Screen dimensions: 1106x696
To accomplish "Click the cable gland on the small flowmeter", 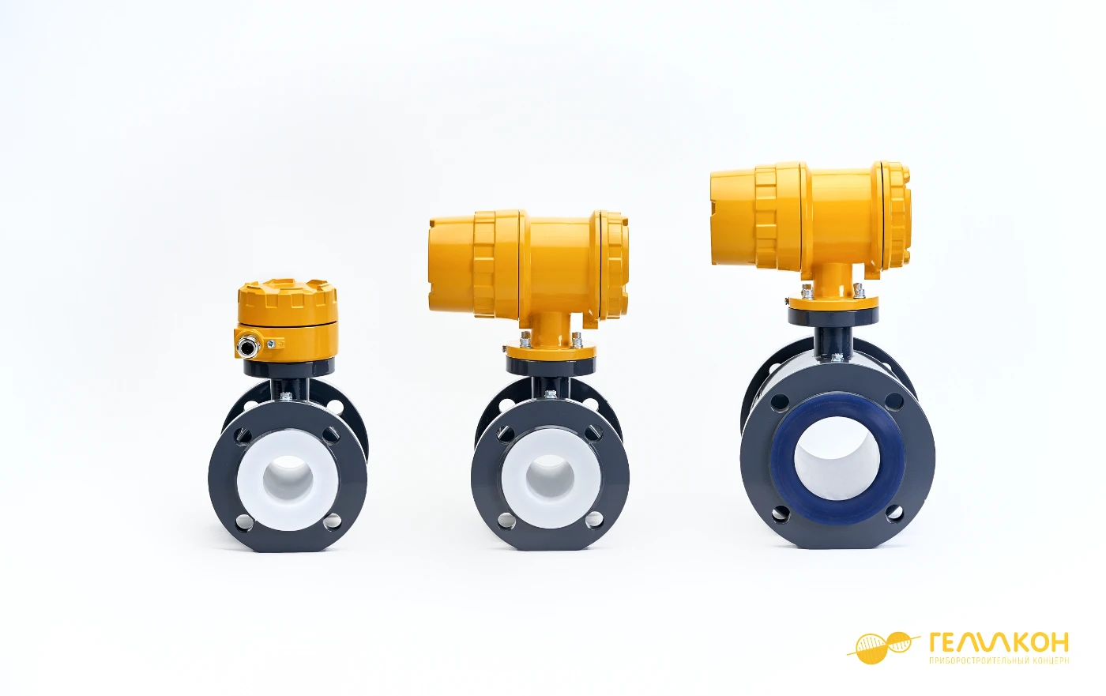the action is (245, 347).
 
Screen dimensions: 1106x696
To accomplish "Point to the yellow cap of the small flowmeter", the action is (287, 303).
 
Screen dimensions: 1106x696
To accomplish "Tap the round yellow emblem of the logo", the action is (877, 648).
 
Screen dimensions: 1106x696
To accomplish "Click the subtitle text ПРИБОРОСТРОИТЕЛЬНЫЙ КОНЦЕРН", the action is (999, 660).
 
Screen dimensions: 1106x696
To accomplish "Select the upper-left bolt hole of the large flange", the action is (779, 402).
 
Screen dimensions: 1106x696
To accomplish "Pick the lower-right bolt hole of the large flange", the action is (894, 514).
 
